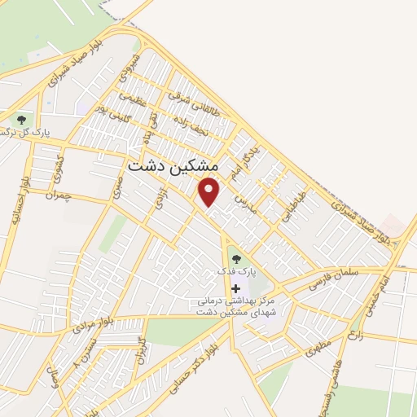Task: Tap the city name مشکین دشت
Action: [173, 165]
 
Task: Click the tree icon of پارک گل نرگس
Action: [20, 121]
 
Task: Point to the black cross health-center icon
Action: [236, 289]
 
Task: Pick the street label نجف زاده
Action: [188, 123]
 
